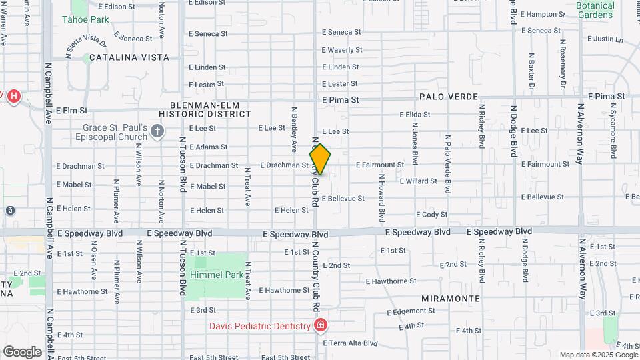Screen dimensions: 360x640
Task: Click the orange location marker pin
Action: pyautogui.click(x=320, y=159)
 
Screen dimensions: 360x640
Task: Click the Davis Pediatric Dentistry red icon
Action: pyautogui.click(x=321, y=325)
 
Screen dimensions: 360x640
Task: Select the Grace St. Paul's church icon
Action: pyautogui.click(x=157, y=130)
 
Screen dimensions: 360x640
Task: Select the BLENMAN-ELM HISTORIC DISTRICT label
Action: pyautogui.click(x=201, y=109)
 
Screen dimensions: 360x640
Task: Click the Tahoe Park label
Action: pyautogui.click(x=85, y=19)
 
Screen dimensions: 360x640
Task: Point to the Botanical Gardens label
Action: pyautogui.click(x=595, y=10)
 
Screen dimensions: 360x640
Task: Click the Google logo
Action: pyautogui.click(x=22, y=351)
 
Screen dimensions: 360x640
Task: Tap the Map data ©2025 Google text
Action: pyautogui.click(x=598, y=355)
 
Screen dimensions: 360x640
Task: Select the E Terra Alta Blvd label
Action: pyautogui.click(x=350, y=343)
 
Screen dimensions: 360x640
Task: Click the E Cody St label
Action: pyautogui.click(x=431, y=215)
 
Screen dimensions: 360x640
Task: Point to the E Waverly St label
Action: pyautogui.click(x=341, y=50)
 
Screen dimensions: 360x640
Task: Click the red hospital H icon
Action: pyautogui.click(x=14, y=97)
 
